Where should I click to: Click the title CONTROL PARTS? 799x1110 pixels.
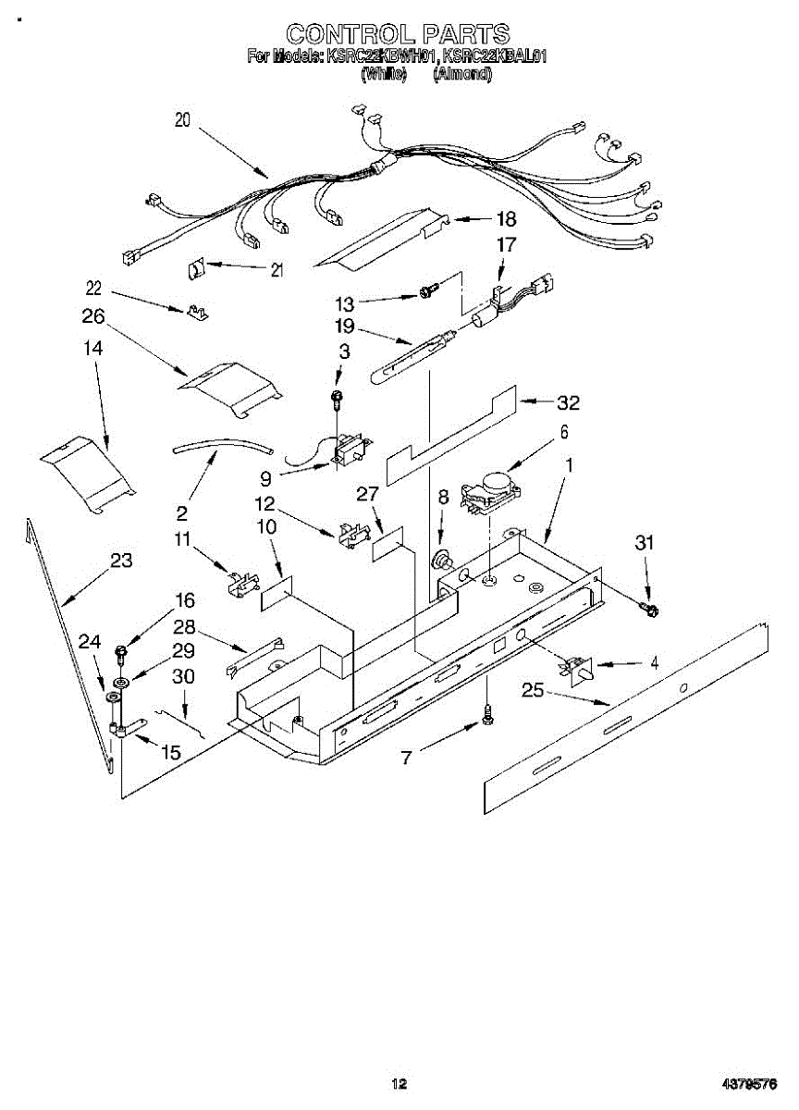[398, 35]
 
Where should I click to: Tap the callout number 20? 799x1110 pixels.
[182, 119]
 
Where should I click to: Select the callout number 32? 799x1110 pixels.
[568, 402]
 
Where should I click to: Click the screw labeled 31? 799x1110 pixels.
[649, 608]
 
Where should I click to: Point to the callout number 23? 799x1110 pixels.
[120, 561]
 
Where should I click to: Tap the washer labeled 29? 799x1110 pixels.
[117, 682]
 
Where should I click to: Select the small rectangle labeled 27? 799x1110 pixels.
[387, 548]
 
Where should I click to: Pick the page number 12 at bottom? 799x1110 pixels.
[399, 1084]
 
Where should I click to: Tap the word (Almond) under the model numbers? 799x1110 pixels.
[461, 75]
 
